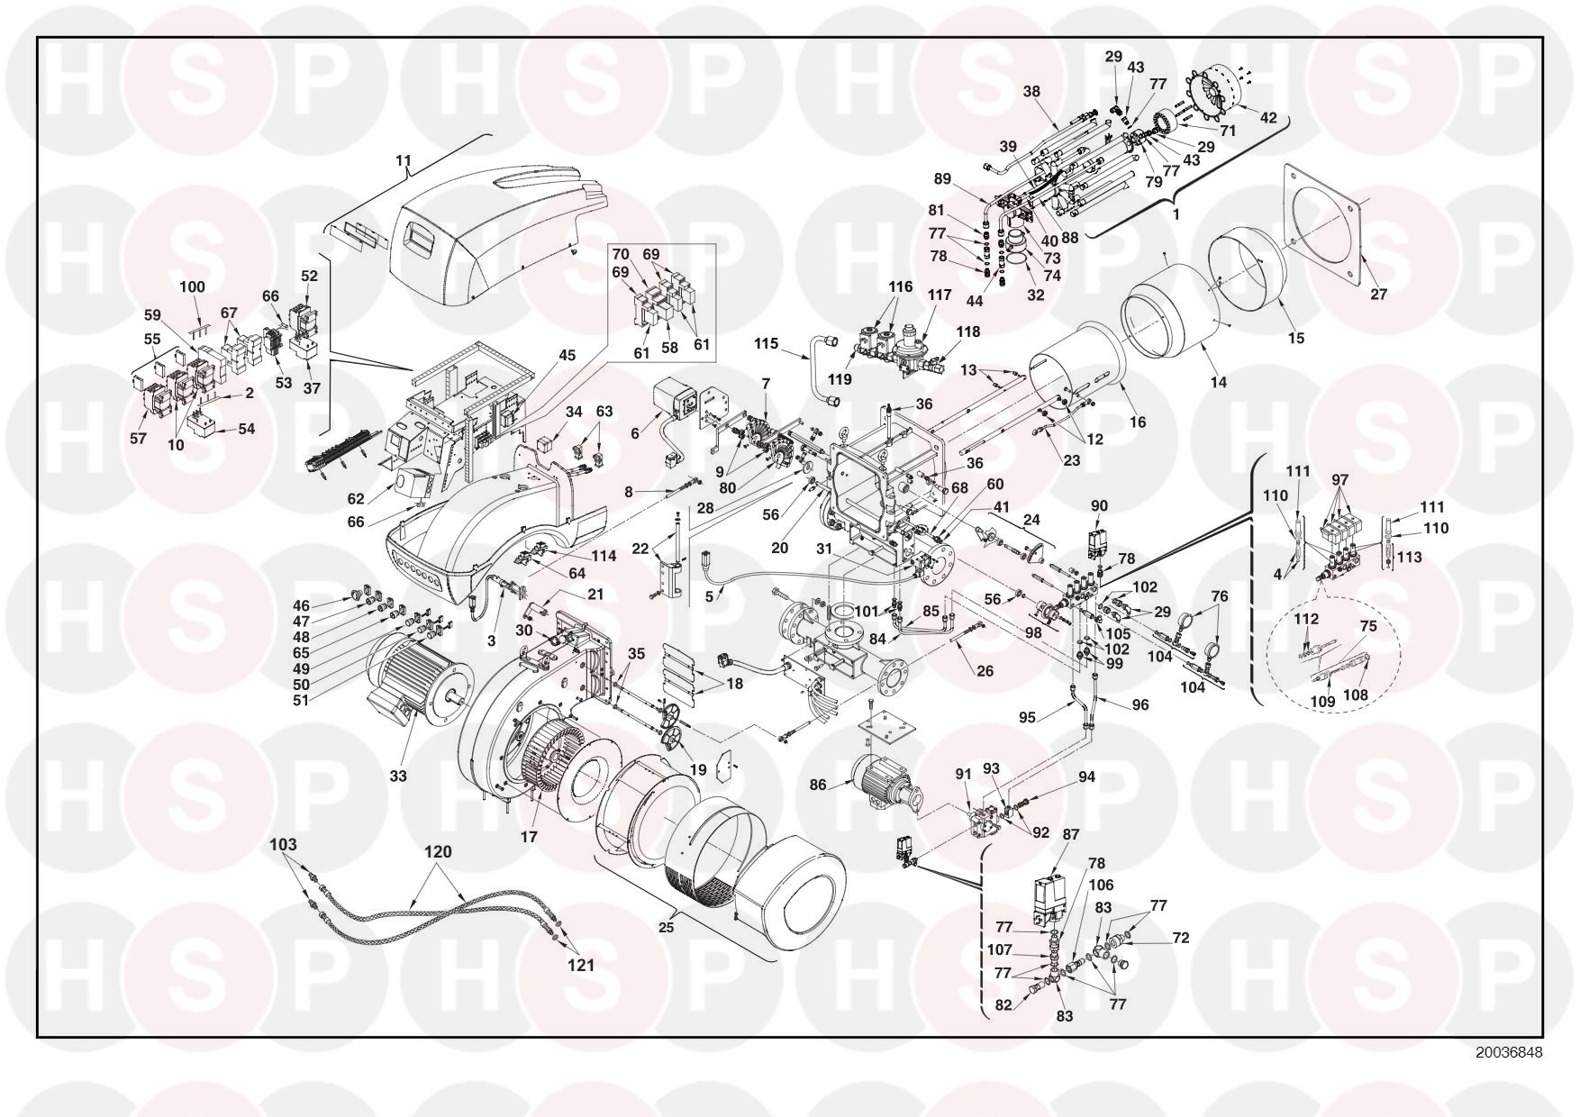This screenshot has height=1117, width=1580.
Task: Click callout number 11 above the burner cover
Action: (x=403, y=162)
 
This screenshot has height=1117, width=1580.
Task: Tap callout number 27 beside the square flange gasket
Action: (x=1379, y=294)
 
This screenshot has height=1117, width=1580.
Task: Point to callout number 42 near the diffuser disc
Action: (x=1268, y=117)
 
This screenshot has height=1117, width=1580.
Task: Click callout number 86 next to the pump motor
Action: (x=818, y=785)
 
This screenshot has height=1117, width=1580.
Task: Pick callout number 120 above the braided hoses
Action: (x=439, y=852)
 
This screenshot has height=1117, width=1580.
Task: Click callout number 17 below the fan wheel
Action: (x=528, y=836)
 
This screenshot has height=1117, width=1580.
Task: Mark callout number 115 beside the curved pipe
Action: (x=766, y=344)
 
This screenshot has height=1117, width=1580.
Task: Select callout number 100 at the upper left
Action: (x=193, y=287)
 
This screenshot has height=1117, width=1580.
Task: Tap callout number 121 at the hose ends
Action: (x=581, y=966)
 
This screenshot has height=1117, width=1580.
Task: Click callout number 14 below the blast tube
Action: (x=1219, y=382)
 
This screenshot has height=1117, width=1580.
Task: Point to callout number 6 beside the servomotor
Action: (x=635, y=433)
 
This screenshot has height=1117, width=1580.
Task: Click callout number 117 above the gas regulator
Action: (x=940, y=295)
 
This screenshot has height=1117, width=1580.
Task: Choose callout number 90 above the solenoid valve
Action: (x=1099, y=506)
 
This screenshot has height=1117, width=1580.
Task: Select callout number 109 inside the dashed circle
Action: (x=1322, y=701)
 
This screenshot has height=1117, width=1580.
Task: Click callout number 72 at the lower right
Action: (x=1180, y=938)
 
